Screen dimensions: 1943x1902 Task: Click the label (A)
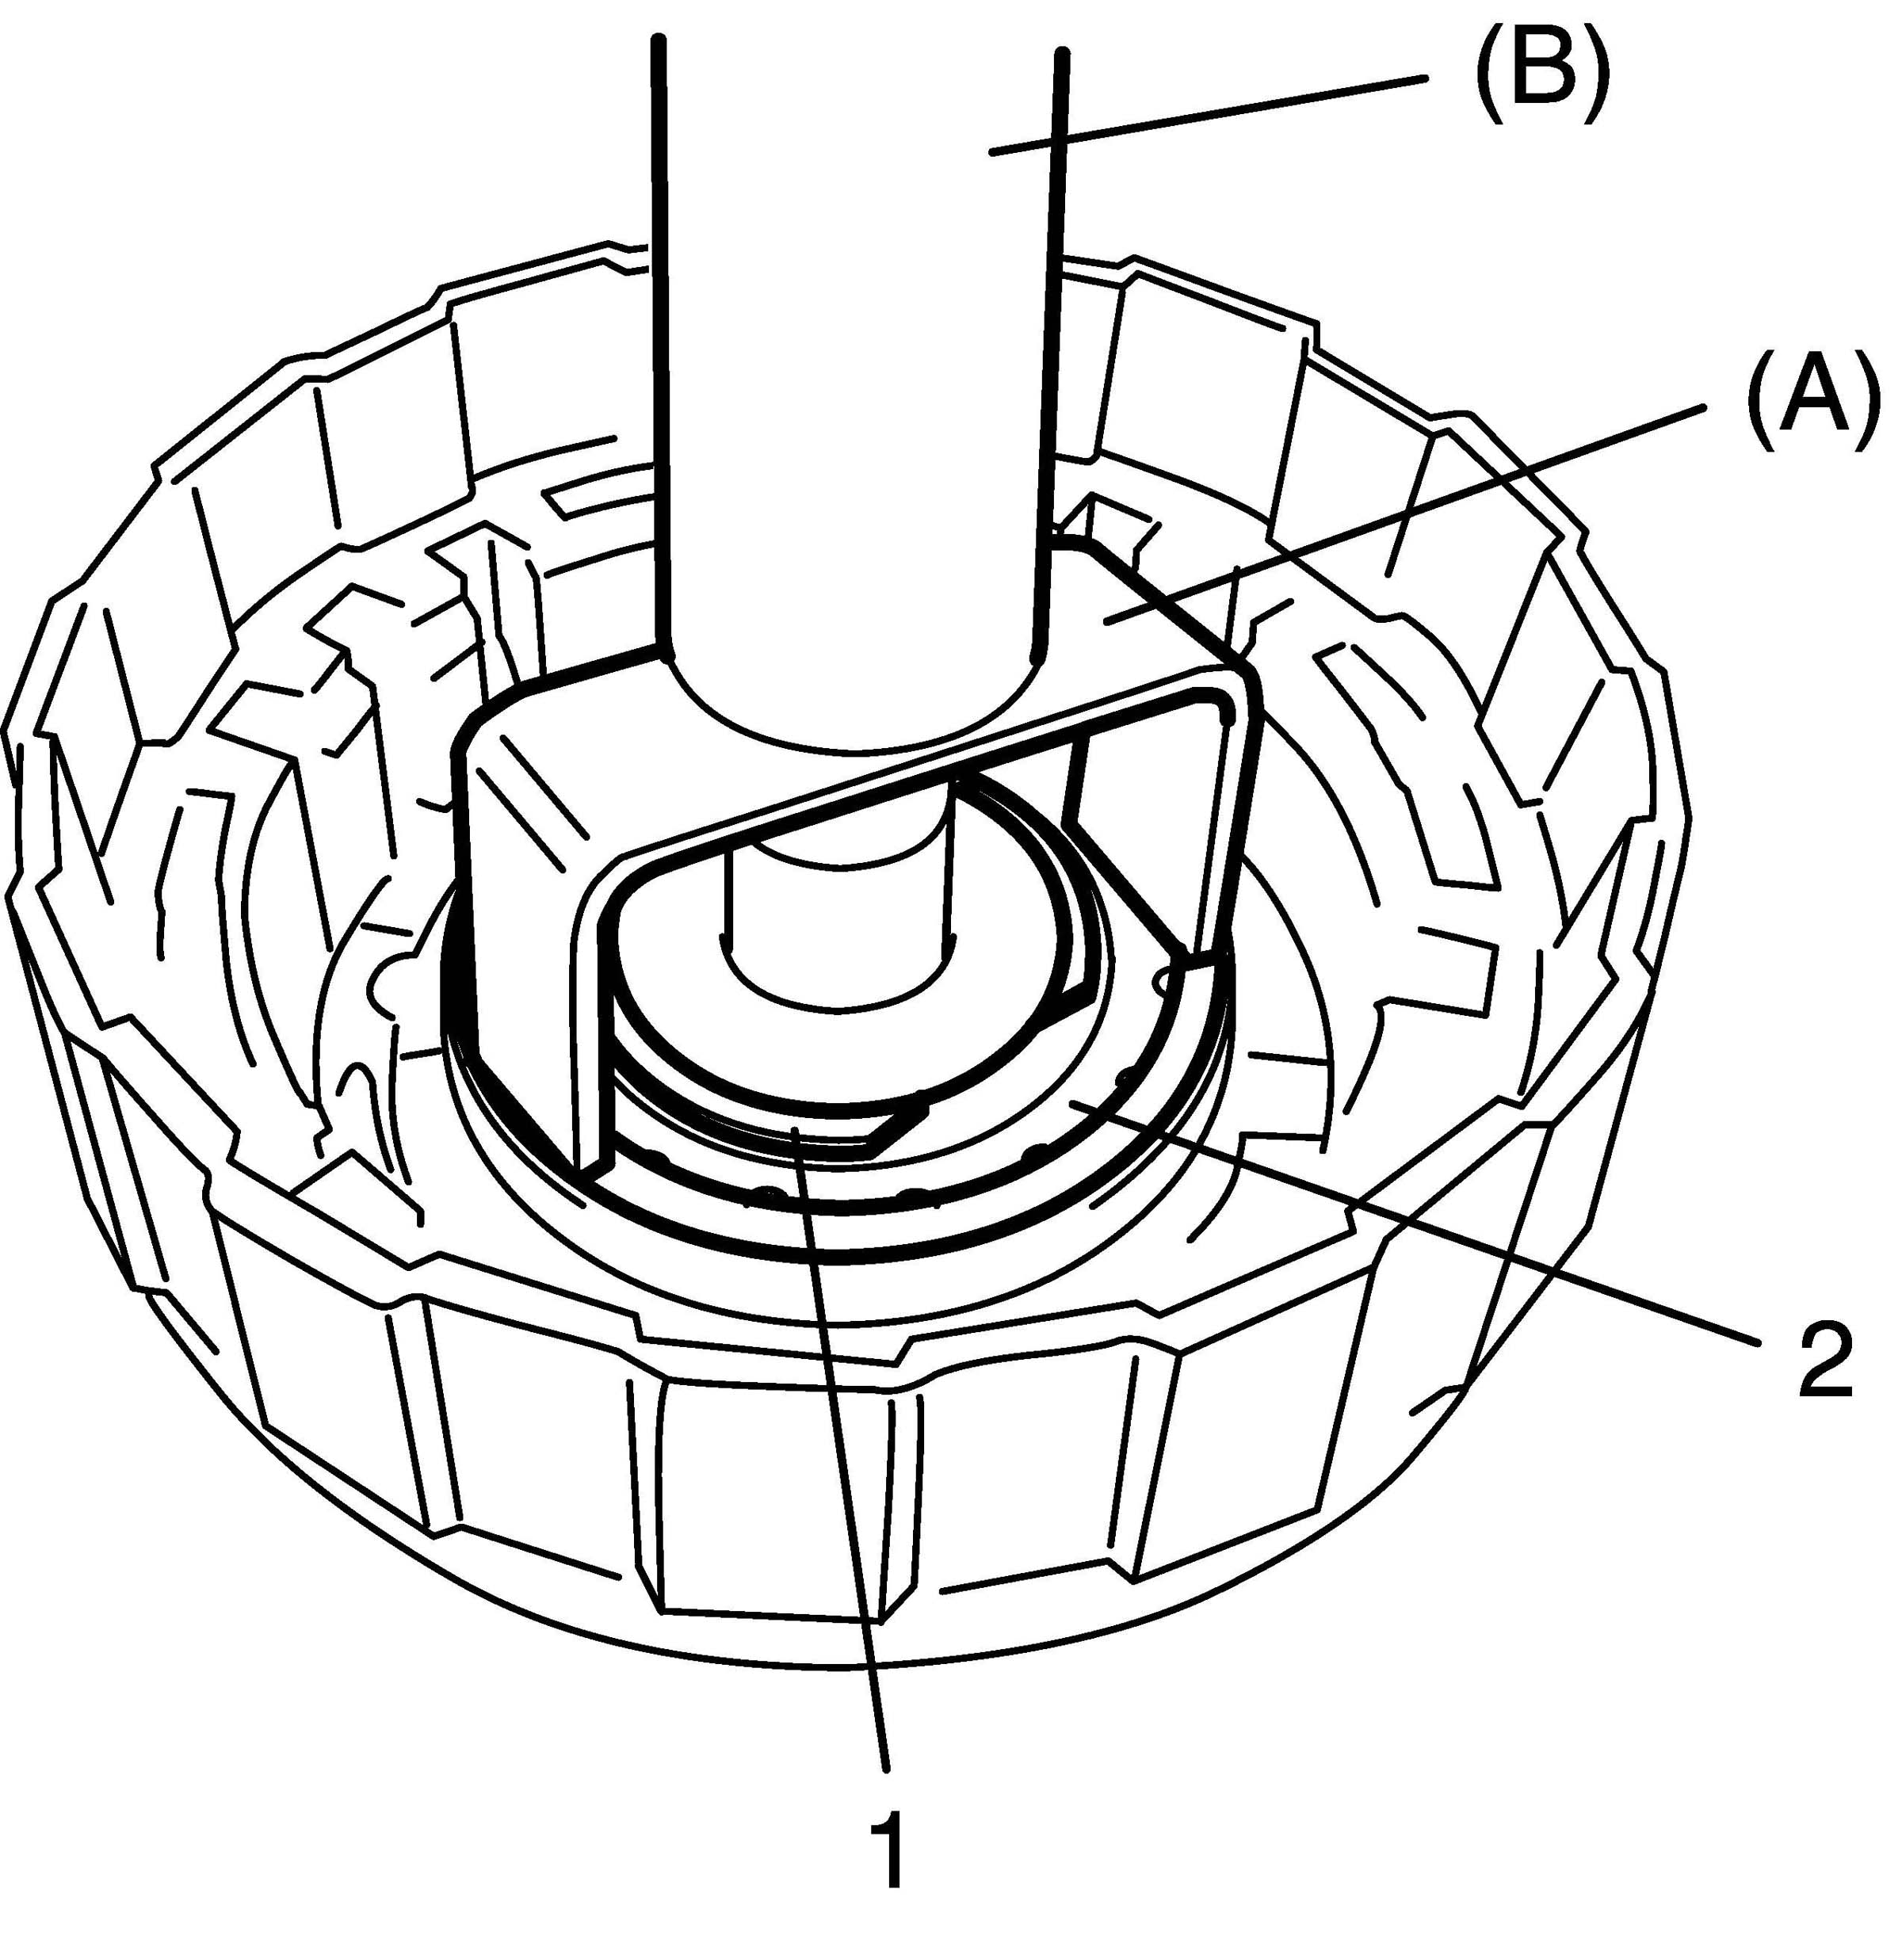tap(1808, 409)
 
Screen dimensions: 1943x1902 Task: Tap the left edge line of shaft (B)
tap(661, 349)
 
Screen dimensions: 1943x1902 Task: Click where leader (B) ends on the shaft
tap(991, 152)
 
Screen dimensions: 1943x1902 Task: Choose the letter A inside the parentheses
tap(1808, 409)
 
